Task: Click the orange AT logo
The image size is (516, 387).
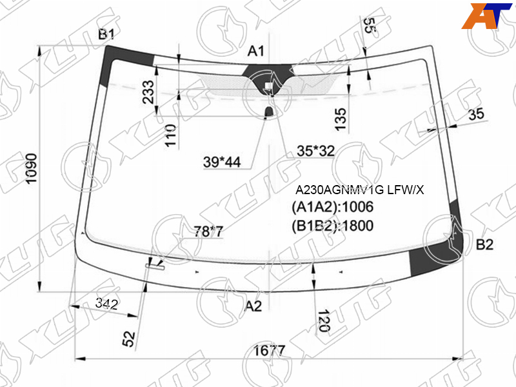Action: [486, 15]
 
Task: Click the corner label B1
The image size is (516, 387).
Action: [106, 34]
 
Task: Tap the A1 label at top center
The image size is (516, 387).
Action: [256, 51]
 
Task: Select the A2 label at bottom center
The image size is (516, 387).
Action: [253, 306]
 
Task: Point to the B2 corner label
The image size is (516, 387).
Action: [485, 244]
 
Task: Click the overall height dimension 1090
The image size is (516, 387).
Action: [32, 169]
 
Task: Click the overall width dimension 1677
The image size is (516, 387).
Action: [269, 351]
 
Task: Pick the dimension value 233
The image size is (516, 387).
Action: [148, 92]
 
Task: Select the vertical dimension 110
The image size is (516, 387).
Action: [171, 135]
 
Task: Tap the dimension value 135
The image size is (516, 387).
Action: [341, 119]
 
